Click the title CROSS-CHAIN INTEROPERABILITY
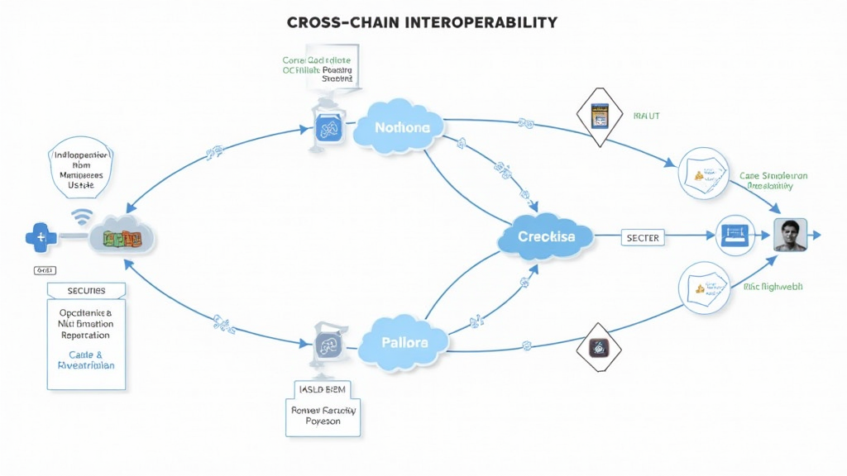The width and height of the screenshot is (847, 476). pyautogui.click(x=422, y=22)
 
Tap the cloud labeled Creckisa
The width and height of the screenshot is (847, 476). pyautogui.click(x=546, y=236)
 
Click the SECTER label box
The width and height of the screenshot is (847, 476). pyautogui.click(x=643, y=237)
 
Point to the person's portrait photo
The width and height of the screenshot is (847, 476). pyautogui.click(x=789, y=236)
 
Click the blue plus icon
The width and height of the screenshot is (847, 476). pyautogui.click(x=40, y=238)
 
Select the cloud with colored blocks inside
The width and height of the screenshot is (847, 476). pyautogui.click(x=122, y=238)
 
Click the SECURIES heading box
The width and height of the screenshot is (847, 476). pyautogui.click(x=87, y=291)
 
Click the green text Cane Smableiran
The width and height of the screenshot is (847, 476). pyautogui.click(x=773, y=176)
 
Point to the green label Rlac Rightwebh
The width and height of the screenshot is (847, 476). pyautogui.click(x=773, y=287)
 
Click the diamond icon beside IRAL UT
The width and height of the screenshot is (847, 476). pyautogui.click(x=600, y=118)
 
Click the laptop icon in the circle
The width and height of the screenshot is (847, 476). pyautogui.click(x=734, y=236)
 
